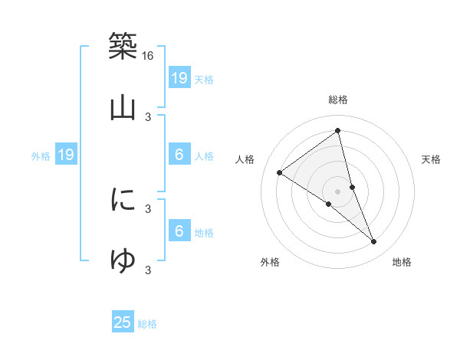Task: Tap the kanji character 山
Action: click(123, 108)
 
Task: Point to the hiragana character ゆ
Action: click(123, 260)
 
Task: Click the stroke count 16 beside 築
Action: click(148, 56)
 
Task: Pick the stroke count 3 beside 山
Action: click(148, 117)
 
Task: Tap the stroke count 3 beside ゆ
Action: click(148, 269)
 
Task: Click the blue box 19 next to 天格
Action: click(179, 77)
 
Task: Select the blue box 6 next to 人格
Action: click(179, 155)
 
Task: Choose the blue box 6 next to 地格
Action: click(179, 231)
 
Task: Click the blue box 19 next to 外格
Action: click(65, 155)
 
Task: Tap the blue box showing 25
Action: click(123, 322)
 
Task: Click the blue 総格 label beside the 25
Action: click(147, 324)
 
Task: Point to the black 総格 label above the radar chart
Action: click(337, 100)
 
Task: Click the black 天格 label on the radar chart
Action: click(431, 159)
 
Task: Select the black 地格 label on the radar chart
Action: click(402, 262)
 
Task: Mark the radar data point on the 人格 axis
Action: click(279, 172)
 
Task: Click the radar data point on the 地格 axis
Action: click(374, 242)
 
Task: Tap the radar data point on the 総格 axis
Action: click(337, 129)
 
